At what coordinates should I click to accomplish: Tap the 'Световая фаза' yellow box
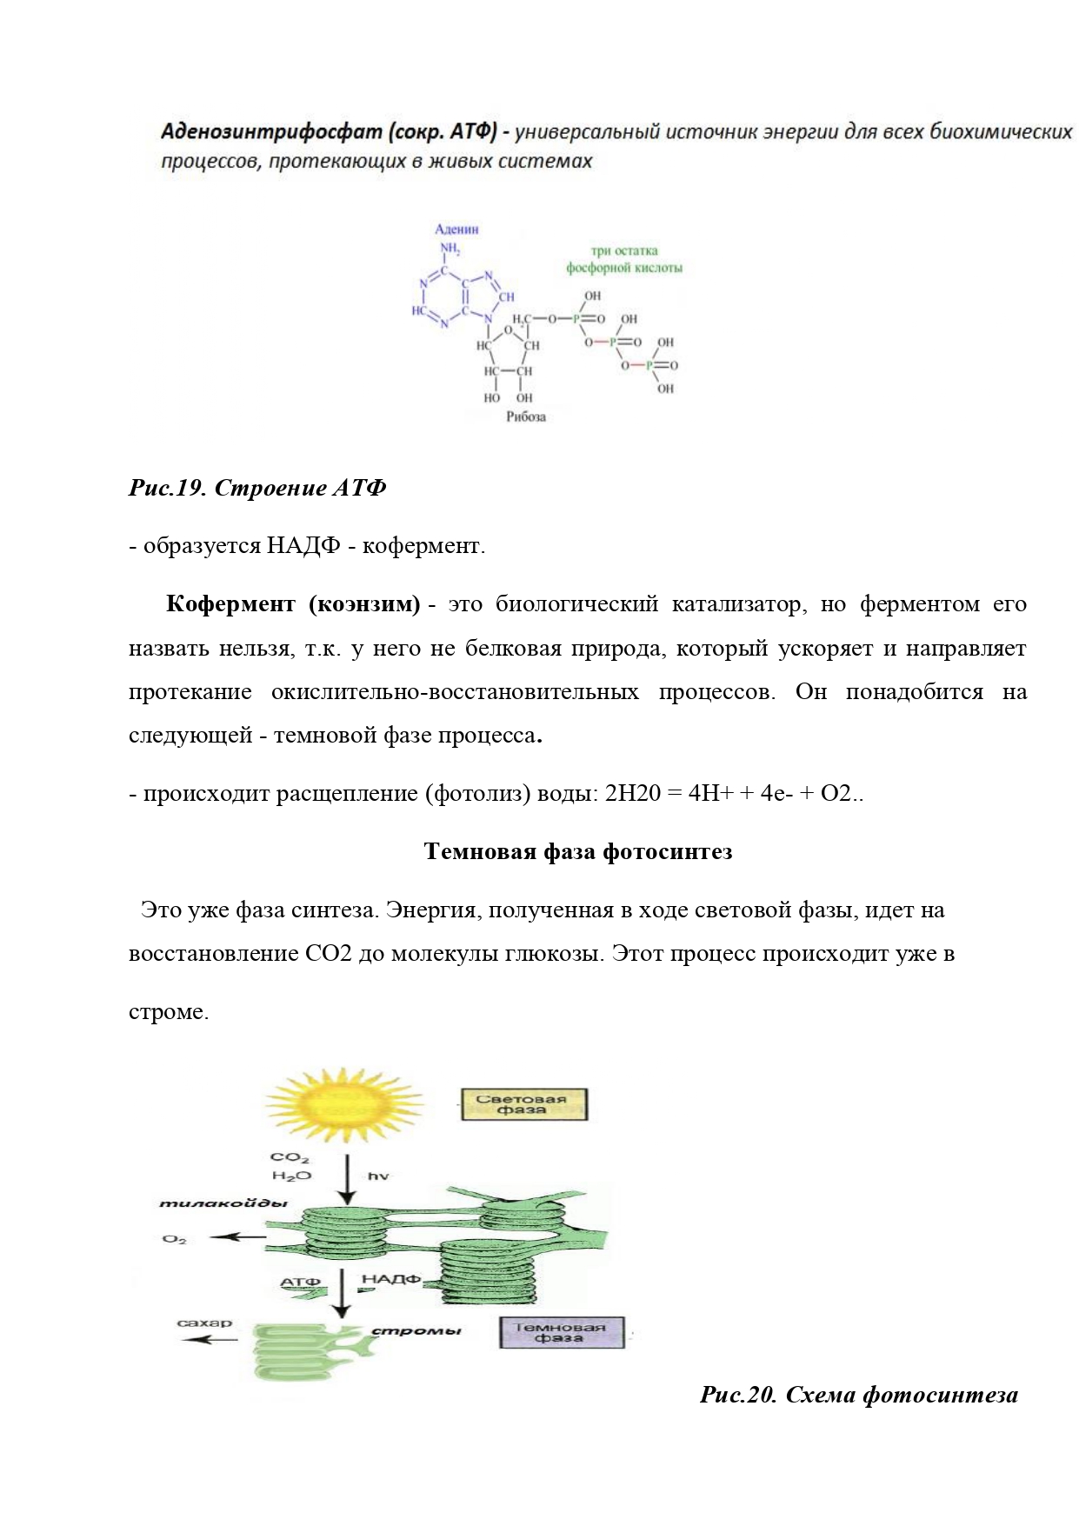pyautogui.click(x=523, y=1104)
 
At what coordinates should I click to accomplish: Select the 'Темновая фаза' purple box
pyautogui.click(x=561, y=1332)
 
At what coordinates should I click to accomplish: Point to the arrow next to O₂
pyautogui.click(x=237, y=1237)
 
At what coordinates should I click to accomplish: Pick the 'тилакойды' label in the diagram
pyautogui.click(x=223, y=1203)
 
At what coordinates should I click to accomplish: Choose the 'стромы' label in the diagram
pyautogui.click(x=416, y=1331)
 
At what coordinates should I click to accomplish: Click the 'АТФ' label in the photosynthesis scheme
pyautogui.click(x=301, y=1282)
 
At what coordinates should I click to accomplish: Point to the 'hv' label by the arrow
pyautogui.click(x=378, y=1176)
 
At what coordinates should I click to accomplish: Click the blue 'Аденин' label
pyautogui.click(x=456, y=230)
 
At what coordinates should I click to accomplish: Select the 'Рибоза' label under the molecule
pyautogui.click(x=526, y=416)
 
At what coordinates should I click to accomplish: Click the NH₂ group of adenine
pyautogui.click(x=450, y=250)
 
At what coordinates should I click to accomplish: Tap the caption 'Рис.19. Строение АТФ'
pyautogui.click(x=257, y=488)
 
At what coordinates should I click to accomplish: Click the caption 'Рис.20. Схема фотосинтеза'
pyautogui.click(x=858, y=1395)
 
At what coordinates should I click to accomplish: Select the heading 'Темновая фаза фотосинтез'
pyautogui.click(x=577, y=851)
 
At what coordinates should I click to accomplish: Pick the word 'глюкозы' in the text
pyautogui.click(x=553, y=953)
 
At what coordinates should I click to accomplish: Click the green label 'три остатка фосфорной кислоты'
pyautogui.click(x=624, y=259)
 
